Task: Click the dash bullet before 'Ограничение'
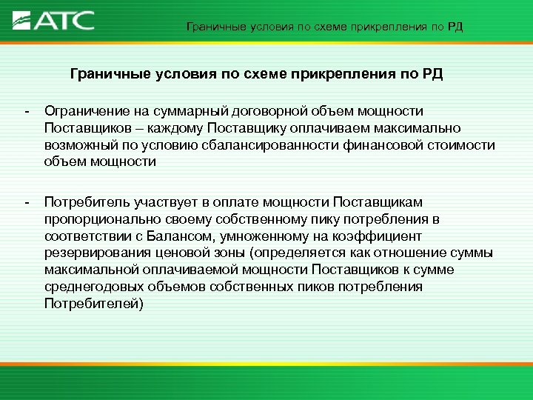tap(27, 111)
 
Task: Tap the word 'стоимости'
tap(457, 145)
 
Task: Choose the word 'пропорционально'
tap(93, 219)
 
